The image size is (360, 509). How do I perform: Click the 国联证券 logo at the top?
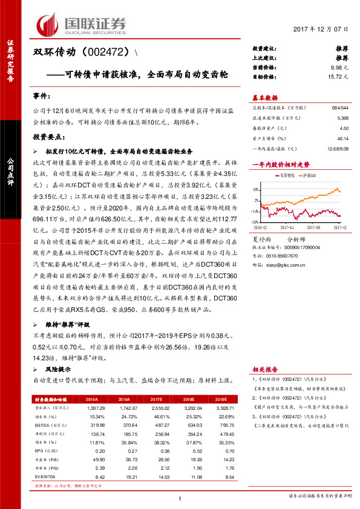tap(83, 24)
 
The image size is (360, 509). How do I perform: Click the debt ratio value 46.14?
tap(342, 138)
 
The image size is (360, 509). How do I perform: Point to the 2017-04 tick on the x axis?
tap(287, 227)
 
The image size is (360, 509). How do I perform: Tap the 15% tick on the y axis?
tap(256, 189)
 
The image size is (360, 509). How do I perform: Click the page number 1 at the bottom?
tap(180, 498)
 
